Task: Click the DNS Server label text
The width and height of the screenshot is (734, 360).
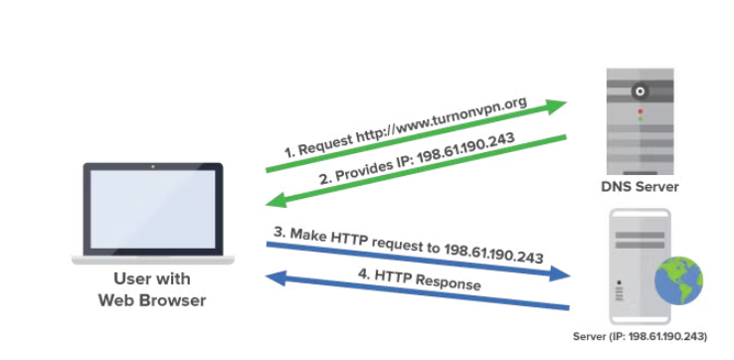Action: [640, 187]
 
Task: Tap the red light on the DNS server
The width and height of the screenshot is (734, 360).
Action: [640, 111]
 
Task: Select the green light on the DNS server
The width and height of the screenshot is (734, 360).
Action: [640, 119]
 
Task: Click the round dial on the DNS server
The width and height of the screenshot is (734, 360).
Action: [640, 91]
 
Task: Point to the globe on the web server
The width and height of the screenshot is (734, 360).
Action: [678, 280]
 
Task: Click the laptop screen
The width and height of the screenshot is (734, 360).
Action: [152, 209]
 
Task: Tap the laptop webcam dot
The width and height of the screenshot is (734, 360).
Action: [152, 166]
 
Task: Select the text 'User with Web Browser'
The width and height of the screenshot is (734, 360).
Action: [152, 289]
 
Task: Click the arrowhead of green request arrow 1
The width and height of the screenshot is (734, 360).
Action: [556, 105]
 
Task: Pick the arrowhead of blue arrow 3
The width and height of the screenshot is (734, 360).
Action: [559, 273]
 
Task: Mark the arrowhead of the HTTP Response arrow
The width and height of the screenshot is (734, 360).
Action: [276, 277]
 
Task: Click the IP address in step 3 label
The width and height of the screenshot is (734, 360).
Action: [493, 254]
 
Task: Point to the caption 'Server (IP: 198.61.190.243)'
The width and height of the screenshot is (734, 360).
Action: [640, 336]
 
